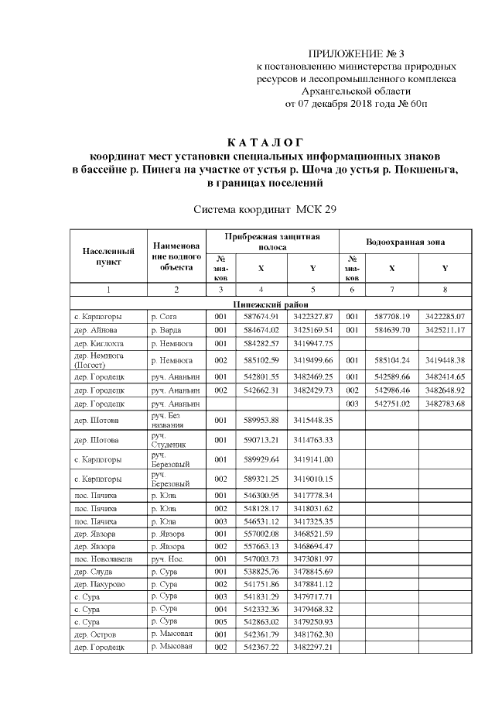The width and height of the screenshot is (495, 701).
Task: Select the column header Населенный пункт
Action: click(108, 256)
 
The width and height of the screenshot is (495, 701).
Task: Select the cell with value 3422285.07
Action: click(445, 317)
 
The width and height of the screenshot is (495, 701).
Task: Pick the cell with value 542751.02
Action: click(391, 403)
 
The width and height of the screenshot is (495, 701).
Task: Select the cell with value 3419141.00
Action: click(312, 459)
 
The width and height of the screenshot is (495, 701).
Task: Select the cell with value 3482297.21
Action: click(312, 647)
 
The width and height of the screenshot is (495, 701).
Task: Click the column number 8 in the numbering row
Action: click(445, 290)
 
